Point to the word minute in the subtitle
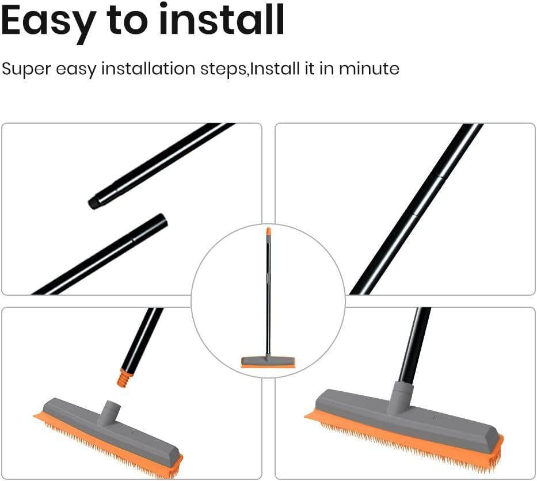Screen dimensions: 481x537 pos(369,69)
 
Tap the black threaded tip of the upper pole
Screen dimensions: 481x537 pos(96,202)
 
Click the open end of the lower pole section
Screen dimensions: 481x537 pos(161,220)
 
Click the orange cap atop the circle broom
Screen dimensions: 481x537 pos(268,232)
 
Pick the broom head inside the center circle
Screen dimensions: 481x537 pos(268,362)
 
